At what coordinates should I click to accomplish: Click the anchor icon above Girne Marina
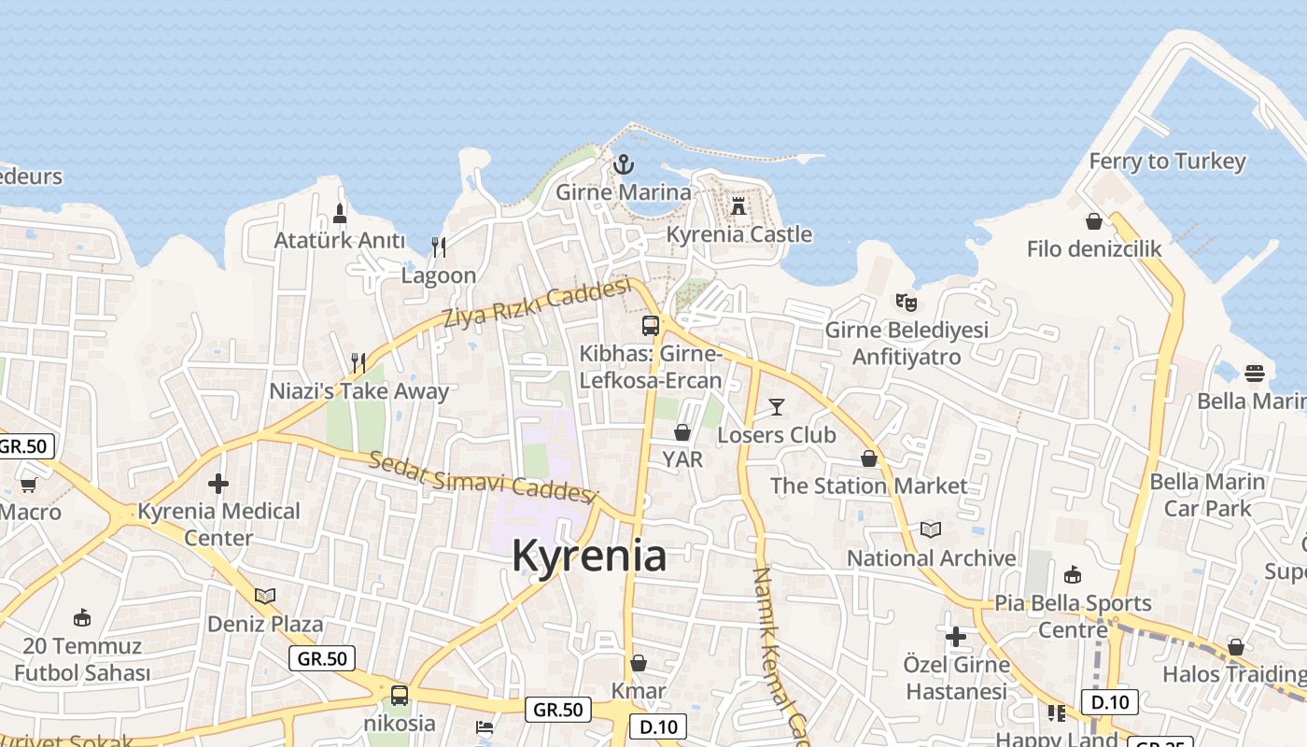624,165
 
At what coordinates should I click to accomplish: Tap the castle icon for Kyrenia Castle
738,205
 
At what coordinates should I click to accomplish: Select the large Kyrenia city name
589,556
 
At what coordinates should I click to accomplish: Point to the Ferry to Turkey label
1167,162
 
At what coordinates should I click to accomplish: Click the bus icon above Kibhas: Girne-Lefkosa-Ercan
651,326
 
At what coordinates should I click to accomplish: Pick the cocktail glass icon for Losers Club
777,406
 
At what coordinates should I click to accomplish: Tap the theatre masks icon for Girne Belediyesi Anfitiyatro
906,302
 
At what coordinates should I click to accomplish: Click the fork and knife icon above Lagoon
439,247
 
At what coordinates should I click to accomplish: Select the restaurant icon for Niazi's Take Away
358,362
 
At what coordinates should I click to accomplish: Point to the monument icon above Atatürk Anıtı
340,213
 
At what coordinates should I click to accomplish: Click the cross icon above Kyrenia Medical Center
218,483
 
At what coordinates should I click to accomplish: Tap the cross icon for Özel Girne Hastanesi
956,637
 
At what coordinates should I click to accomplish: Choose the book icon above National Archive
931,529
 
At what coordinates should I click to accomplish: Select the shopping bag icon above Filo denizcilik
1094,221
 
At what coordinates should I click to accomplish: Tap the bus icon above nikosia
400,695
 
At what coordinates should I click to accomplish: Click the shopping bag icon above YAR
682,432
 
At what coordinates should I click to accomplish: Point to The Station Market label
868,486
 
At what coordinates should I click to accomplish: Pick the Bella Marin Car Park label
1207,495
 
